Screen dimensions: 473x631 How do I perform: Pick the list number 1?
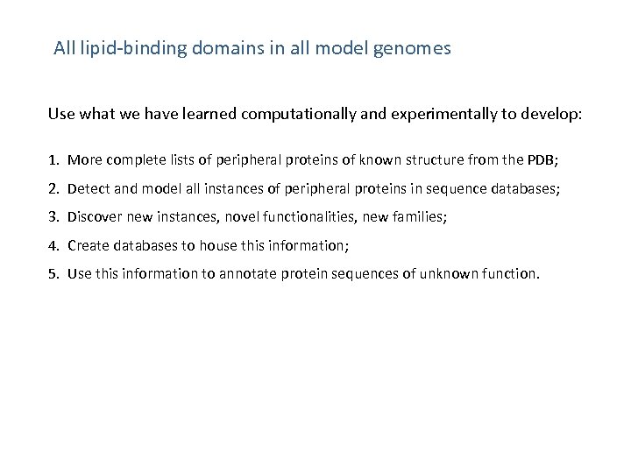click(x=53, y=160)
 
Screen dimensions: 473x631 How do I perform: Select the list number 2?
click(x=53, y=188)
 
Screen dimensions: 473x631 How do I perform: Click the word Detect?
click(x=86, y=188)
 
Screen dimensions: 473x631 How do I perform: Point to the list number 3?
click(x=53, y=216)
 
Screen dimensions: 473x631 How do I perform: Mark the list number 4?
click(x=53, y=244)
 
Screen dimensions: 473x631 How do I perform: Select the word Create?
click(x=86, y=244)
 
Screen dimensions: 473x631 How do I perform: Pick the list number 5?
click(x=53, y=273)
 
